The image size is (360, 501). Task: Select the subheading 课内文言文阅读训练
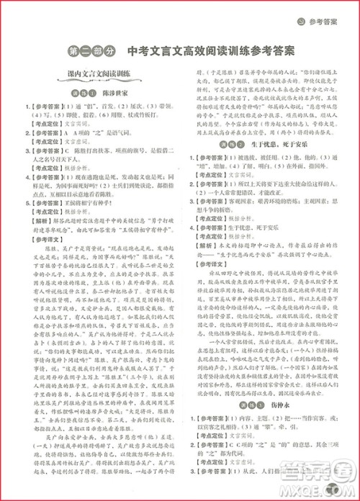(96, 74)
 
